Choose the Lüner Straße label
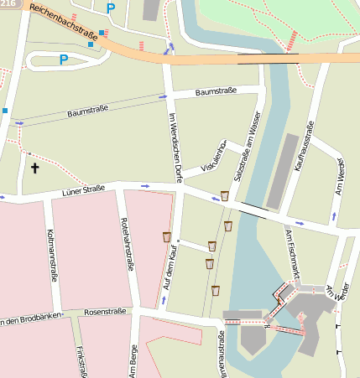coord(83,192)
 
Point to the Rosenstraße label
coord(105,312)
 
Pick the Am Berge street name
coord(133,358)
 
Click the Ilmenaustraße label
coord(222,352)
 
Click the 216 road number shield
coord(6,4)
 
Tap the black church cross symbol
coord(35,168)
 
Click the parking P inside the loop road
coord(63,60)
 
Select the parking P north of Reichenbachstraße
coord(111,9)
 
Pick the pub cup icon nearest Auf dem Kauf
coord(166,236)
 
